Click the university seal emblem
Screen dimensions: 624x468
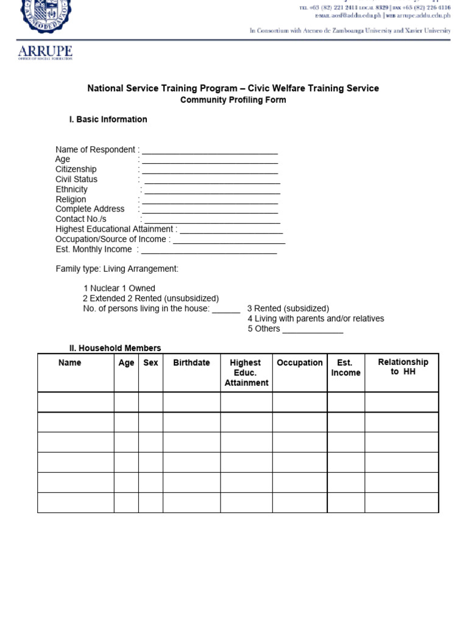[45, 15]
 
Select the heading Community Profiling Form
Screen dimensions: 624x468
[233, 100]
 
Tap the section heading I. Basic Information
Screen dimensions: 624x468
[108, 119]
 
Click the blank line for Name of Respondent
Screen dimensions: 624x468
[210, 151]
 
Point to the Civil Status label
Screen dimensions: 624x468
[76, 179]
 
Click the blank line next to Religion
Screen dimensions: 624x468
[210, 200]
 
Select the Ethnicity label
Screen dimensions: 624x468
[71, 190]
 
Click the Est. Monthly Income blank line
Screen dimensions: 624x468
[208, 250]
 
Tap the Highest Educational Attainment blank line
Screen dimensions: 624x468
[231, 230]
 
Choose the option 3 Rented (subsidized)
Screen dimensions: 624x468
[288, 308]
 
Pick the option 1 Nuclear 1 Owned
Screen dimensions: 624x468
[119, 288]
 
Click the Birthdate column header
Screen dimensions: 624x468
[191, 363]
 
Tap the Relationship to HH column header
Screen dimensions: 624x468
[402, 367]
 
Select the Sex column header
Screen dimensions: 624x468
[151, 363]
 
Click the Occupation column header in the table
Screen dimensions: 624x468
[299, 363]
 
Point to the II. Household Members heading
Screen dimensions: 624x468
[115, 348]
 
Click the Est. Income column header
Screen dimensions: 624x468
[346, 367]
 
